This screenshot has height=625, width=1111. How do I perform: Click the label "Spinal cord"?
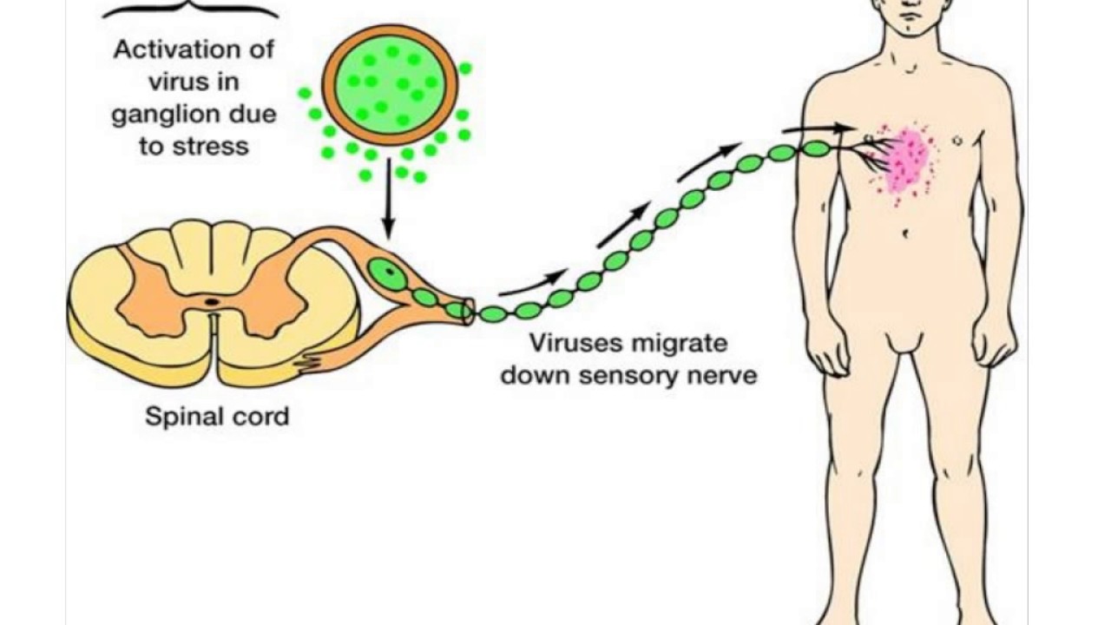[x=216, y=417]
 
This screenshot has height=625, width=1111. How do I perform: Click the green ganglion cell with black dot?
[x=387, y=273]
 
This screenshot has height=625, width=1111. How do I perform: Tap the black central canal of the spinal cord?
[x=211, y=302]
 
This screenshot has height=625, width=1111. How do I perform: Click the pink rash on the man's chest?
[x=908, y=161]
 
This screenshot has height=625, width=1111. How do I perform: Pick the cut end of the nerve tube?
[x=470, y=312]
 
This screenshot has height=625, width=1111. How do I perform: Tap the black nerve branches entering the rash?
[x=877, y=149]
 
